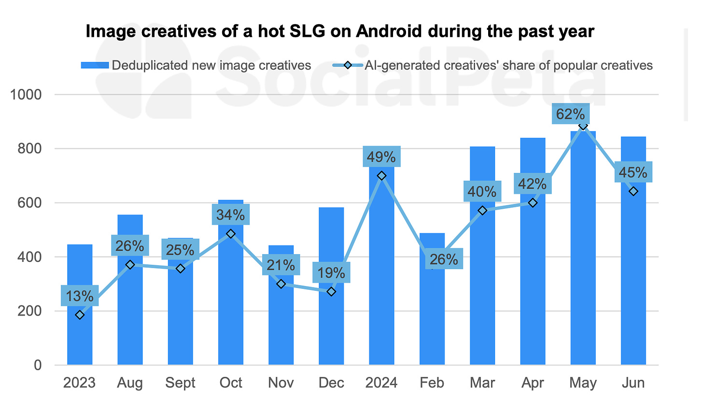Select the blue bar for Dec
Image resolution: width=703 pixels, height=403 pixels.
[x=331, y=329]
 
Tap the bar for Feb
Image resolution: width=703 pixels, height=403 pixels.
[x=432, y=314]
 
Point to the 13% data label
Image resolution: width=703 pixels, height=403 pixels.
[x=80, y=295]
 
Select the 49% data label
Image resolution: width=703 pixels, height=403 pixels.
[x=382, y=157]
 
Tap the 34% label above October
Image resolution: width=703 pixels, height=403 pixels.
[x=231, y=215]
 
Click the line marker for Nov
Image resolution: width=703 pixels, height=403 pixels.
[x=281, y=284]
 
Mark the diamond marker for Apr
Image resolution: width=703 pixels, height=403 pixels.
[x=533, y=203]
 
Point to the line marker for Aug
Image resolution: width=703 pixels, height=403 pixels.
[x=130, y=265]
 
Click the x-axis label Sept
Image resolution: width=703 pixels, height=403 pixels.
[x=180, y=383]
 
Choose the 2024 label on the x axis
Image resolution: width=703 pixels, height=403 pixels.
[x=381, y=383]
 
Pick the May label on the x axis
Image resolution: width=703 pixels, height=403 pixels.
[x=583, y=383]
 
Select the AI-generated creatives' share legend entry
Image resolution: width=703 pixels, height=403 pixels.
[x=492, y=65]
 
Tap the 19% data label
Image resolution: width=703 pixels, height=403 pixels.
[x=331, y=273]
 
